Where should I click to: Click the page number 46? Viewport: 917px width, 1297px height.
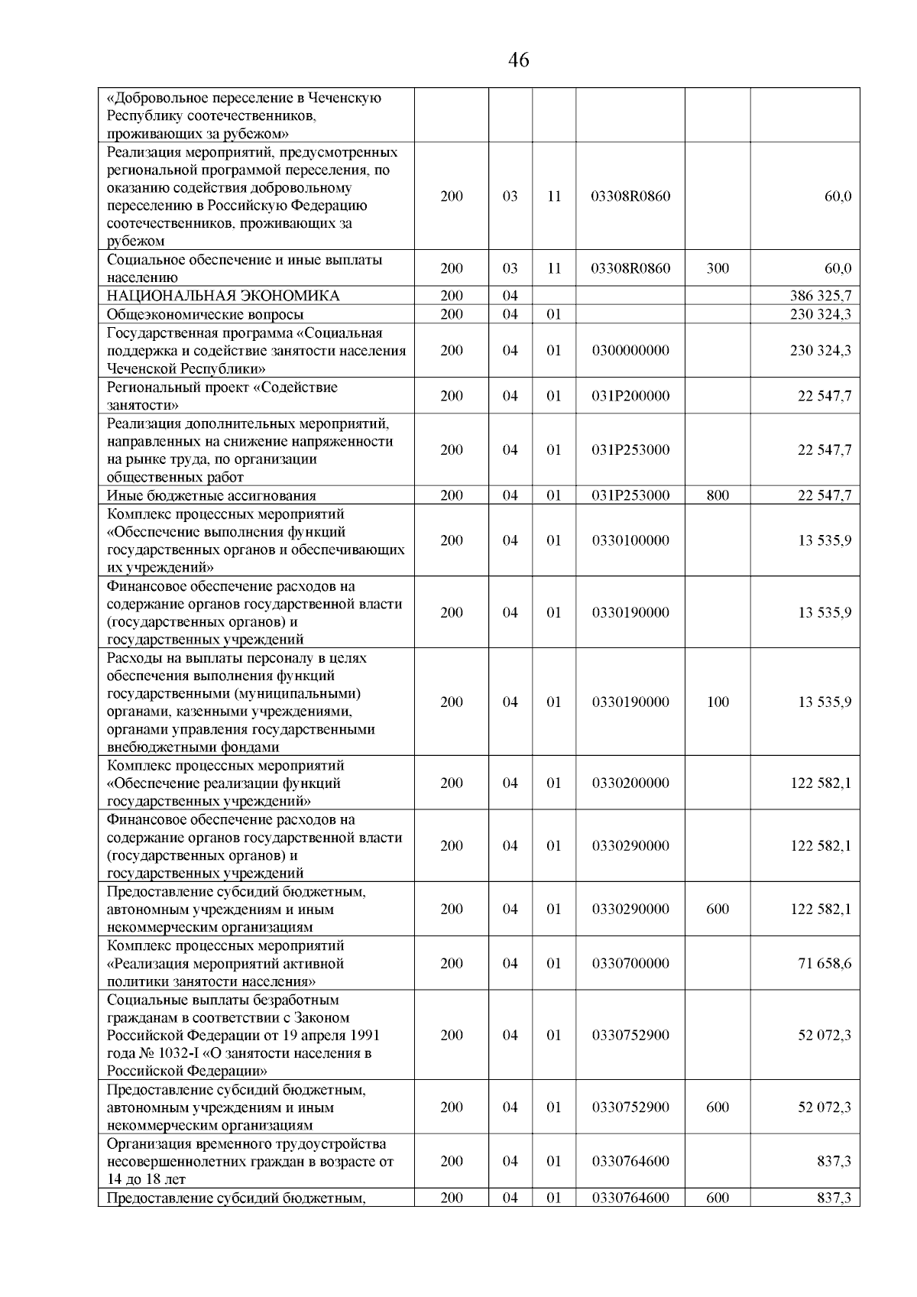coord(517,60)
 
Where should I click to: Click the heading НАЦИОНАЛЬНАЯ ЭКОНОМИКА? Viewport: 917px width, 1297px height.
coord(222,296)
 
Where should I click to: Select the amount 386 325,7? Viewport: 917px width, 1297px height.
coord(820,296)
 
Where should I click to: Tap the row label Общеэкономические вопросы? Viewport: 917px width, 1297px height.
coord(205,314)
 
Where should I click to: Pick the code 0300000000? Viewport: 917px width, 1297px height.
coord(630,351)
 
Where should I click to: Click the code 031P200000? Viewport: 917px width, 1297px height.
coord(630,396)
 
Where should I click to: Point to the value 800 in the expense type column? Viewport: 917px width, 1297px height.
coord(717,495)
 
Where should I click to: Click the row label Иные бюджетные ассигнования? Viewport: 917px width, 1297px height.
coord(211,495)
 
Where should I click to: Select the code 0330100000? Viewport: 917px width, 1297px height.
coord(630,540)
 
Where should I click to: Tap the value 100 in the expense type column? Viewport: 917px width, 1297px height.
coord(717,702)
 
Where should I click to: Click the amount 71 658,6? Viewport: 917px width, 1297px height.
coord(824,964)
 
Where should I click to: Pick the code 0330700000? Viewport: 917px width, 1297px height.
coord(630,964)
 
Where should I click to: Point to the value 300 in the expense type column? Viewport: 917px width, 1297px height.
coord(717,268)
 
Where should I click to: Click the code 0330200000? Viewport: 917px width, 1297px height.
coord(630,783)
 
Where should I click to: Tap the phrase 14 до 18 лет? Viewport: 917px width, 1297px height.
coord(146,1179)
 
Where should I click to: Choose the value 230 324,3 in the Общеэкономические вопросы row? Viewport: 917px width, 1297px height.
coord(820,314)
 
